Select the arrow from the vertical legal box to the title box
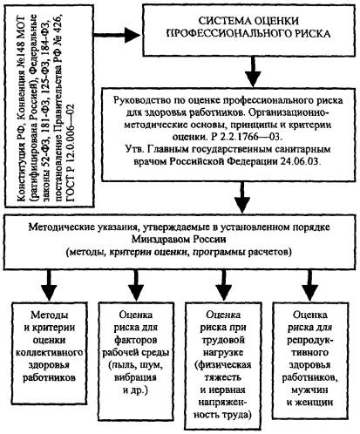[117, 35]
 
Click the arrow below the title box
[253, 71]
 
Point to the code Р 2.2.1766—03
[245, 137]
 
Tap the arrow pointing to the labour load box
[223, 286]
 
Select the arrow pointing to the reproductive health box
[310, 286]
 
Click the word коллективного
[49, 352]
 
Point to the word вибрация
[135, 377]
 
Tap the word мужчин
[309, 390]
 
